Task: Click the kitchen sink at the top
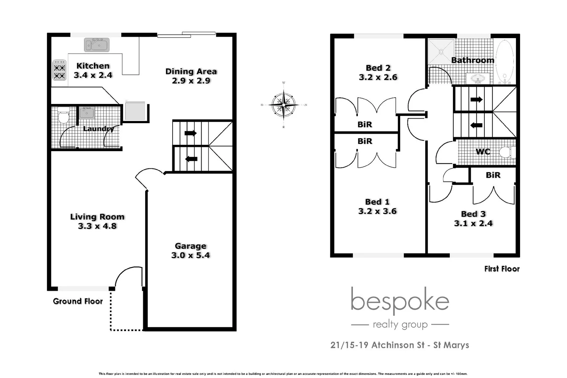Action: click(97, 45)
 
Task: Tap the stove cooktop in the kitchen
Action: click(59, 70)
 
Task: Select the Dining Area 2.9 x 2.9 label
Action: click(191, 76)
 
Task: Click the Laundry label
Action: click(99, 129)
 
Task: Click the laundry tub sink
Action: click(86, 113)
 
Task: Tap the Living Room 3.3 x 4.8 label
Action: click(97, 221)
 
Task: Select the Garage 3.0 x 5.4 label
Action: click(190, 251)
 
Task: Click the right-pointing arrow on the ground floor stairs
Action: click(190, 133)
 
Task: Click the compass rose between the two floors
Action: click(283, 105)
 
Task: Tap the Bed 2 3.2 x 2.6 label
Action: click(378, 72)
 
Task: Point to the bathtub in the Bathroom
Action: click(504, 62)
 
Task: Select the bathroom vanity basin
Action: click(478, 78)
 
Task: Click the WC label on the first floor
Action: click(483, 152)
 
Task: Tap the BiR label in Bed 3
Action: click(493, 175)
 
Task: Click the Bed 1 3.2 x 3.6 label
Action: click(377, 206)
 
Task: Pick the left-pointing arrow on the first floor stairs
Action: click(476, 125)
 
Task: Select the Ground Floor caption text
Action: click(78, 301)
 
